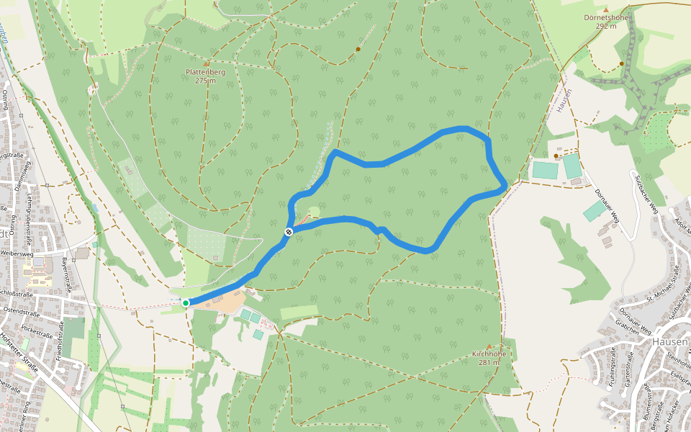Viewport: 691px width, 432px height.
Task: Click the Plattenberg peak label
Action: pos(206,71)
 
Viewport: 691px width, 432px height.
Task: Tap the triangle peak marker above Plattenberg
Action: pos(206,63)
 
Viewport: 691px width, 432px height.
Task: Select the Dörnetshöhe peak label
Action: pos(607,17)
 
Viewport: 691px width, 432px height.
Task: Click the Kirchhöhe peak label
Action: pos(489,354)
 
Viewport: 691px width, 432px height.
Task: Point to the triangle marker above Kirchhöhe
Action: pos(489,346)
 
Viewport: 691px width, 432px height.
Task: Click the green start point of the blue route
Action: pos(186,303)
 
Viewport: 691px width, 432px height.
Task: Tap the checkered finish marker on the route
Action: pos(288,231)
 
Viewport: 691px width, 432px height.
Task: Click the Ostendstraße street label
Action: pos(20,311)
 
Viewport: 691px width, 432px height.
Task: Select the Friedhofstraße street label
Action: pos(61,338)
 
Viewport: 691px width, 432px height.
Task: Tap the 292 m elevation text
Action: pos(607,27)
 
